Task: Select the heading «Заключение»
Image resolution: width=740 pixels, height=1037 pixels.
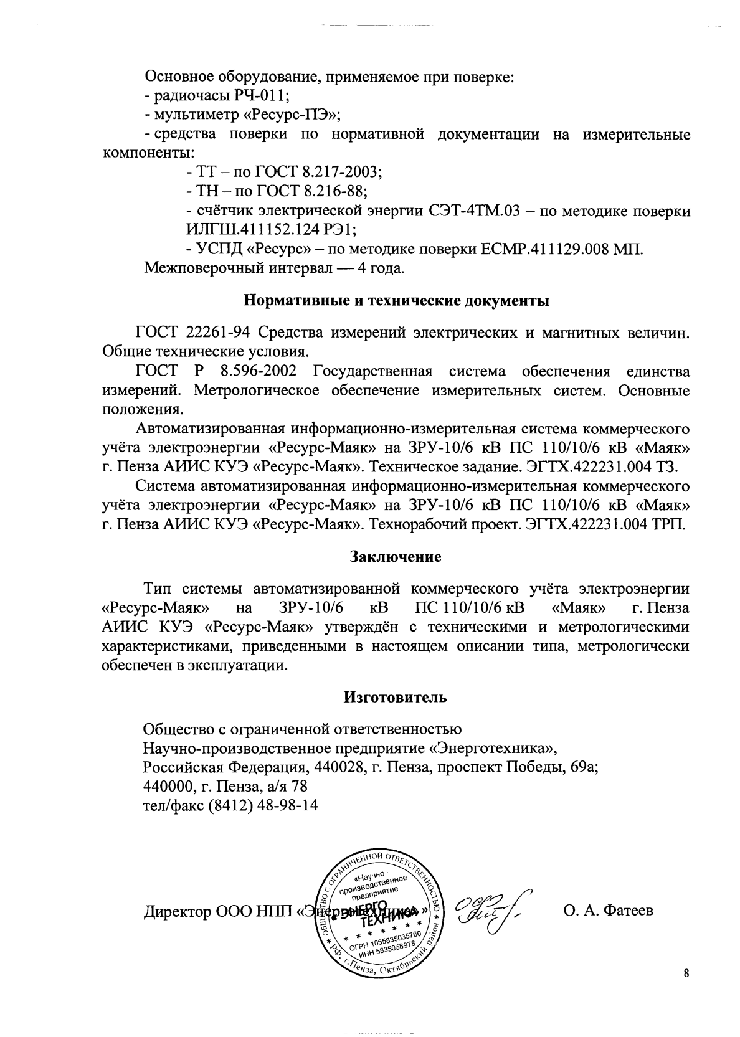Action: point(396,556)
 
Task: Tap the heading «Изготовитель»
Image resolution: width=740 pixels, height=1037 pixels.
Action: point(396,697)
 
